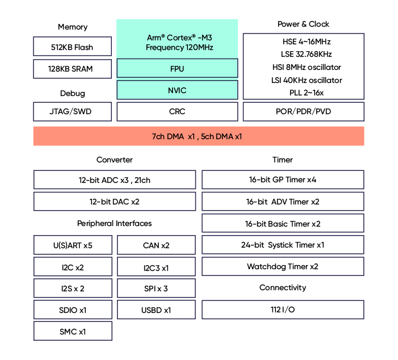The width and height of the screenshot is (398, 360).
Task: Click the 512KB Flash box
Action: pyautogui.click(x=73, y=47)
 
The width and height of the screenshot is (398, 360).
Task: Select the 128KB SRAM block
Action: pyautogui.click(x=73, y=69)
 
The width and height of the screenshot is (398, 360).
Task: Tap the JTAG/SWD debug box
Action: pyautogui.click(x=73, y=112)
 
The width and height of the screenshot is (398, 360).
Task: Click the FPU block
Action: pyautogui.click(x=177, y=69)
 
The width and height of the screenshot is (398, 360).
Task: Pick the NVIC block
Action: pyautogui.click(x=177, y=90)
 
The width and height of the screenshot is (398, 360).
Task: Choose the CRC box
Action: pyautogui.click(x=177, y=112)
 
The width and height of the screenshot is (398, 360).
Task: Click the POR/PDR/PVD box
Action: pyautogui.click(x=304, y=112)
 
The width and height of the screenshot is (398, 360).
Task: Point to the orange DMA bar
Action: pyautogui.click(x=199, y=136)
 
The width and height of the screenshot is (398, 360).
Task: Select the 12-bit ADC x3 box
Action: pyautogui.click(x=115, y=180)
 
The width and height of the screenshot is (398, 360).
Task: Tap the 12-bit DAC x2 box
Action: pyautogui.click(x=115, y=202)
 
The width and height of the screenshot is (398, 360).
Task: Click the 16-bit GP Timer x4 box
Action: pyautogui.click(x=283, y=180)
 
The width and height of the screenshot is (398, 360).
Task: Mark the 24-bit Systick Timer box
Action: pyautogui.click(x=283, y=245)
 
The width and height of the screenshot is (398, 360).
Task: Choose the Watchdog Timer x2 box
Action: pyautogui.click(x=283, y=267)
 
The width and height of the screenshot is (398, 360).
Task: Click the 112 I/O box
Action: pyautogui.click(x=283, y=310)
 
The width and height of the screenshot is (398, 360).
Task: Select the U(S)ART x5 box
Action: pyautogui.click(x=73, y=245)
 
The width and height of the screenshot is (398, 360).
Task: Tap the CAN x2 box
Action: pyautogui.click(x=156, y=245)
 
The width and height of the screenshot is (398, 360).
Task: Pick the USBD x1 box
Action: pyautogui.click(x=156, y=310)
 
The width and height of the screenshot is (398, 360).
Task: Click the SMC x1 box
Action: pyautogui.click(x=73, y=332)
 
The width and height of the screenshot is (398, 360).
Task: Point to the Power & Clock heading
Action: pyautogui.click(x=303, y=24)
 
